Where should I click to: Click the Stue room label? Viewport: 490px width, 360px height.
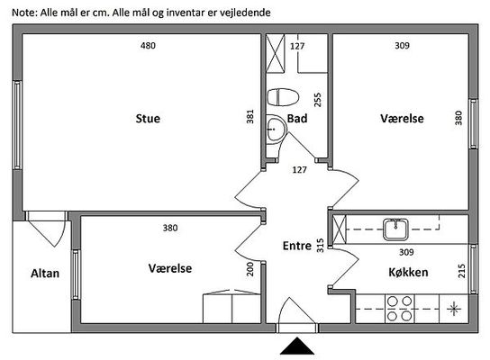(x=148, y=119)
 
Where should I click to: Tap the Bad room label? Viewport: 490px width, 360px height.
(x=297, y=119)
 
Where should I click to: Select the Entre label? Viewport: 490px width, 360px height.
(x=297, y=246)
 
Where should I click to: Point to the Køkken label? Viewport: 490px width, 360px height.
(x=408, y=273)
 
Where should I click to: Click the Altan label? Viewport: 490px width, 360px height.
(x=45, y=274)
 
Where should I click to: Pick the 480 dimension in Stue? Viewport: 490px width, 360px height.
(x=148, y=46)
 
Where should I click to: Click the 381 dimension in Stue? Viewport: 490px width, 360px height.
(x=250, y=116)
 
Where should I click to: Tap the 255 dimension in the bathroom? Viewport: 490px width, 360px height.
(x=317, y=100)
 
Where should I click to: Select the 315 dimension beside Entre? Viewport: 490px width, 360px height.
(x=321, y=246)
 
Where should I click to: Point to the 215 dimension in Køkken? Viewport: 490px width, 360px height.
(x=461, y=271)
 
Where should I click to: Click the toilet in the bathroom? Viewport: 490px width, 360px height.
(x=283, y=97)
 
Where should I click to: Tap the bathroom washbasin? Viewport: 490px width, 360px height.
(x=277, y=129)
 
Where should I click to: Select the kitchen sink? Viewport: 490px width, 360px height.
(x=395, y=229)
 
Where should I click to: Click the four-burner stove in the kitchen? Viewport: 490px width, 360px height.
(x=400, y=309)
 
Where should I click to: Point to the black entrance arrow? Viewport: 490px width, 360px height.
(x=297, y=346)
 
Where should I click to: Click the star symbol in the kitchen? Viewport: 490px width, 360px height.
(x=454, y=310)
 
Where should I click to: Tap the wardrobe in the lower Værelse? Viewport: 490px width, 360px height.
(x=231, y=307)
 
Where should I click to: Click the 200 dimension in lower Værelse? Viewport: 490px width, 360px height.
(x=250, y=269)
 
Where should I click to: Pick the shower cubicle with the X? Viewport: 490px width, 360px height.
(x=276, y=53)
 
